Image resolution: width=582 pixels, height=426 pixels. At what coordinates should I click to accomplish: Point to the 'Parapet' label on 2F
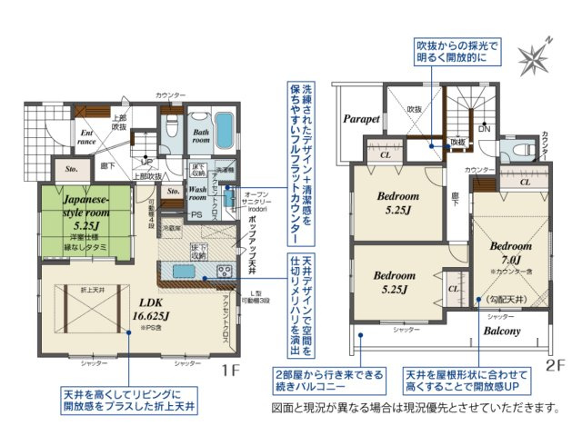coord(360,119)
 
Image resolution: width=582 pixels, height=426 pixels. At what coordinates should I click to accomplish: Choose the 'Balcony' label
coord(501,332)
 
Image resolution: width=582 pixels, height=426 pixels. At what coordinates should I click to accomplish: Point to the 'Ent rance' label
coord(86,137)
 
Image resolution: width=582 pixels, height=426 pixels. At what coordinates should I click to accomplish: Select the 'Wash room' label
coord(198,193)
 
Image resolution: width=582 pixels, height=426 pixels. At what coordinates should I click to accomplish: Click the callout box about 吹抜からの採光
coord(447,50)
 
